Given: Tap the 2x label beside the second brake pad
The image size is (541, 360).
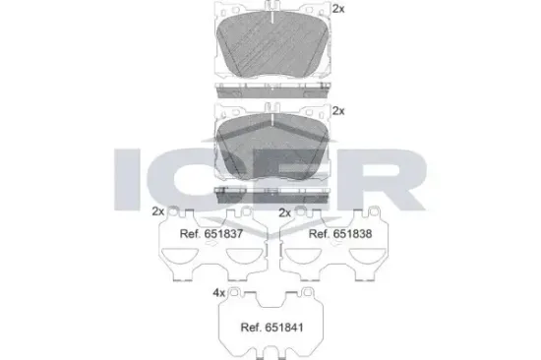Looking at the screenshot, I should [x=339, y=111].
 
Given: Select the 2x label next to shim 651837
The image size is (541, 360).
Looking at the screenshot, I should [x=157, y=211].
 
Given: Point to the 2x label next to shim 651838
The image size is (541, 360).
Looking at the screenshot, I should [x=284, y=211].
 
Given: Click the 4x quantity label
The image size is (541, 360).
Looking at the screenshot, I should [x=218, y=293].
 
